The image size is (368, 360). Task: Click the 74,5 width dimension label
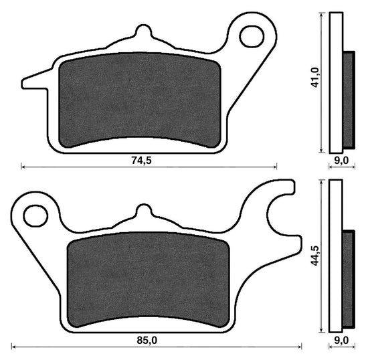(142, 161)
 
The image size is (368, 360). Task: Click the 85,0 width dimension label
(147, 341)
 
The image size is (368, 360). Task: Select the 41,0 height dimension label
(314, 78)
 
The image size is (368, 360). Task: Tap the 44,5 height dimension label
(314, 256)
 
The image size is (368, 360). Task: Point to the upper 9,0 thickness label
(341, 161)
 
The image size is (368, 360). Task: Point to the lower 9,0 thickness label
(341, 341)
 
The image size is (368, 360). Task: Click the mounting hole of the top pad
(252, 36)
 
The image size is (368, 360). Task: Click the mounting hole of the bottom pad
(36, 215)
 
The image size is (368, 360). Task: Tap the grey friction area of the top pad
(140, 100)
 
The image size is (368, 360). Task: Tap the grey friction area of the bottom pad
(149, 279)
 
